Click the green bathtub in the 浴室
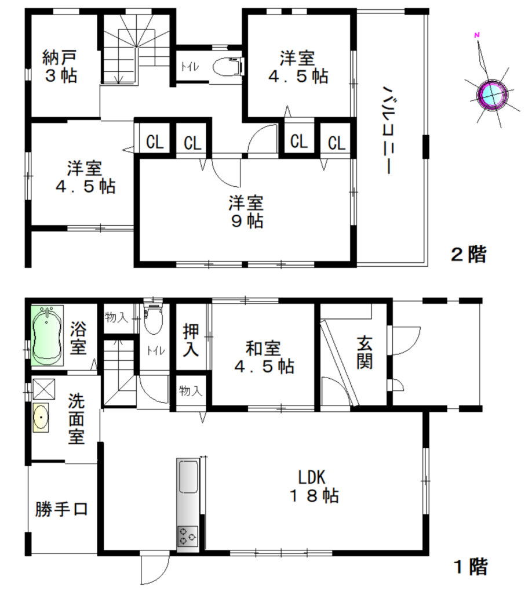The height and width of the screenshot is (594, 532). (x=47, y=336)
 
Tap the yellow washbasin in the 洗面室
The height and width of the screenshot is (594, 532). (x=41, y=418)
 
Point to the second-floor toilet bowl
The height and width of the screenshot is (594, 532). (x=227, y=67)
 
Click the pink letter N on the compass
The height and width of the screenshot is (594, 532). (x=477, y=35)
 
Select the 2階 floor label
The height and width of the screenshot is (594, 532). (x=468, y=254)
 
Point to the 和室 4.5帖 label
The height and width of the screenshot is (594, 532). (x=264, y=357)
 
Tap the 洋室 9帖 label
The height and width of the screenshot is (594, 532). (x=246, y=212)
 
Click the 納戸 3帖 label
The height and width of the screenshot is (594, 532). (x=60, y=66)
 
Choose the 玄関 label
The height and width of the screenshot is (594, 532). (x=365, y=353)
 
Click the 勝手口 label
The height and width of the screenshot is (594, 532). (x=61, y=509)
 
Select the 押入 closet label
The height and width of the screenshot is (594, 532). (x=191, y=340)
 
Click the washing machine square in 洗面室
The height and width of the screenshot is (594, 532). (x=44, y=389)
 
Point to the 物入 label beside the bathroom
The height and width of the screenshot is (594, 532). (x=116, y=317)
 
